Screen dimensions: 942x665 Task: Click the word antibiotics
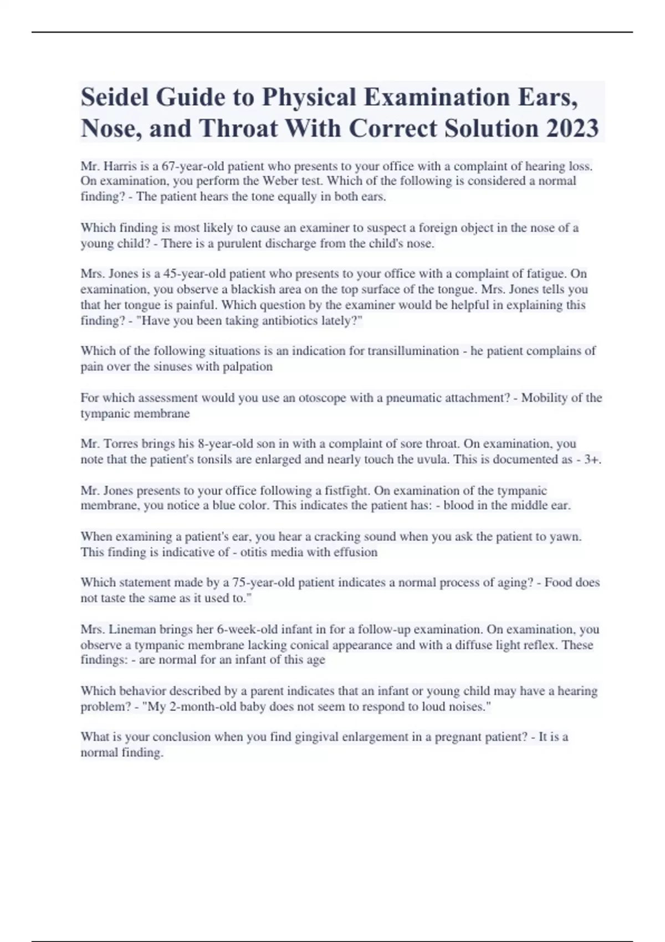tap(288, 321)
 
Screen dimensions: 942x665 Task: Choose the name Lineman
tap(132, 630)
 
